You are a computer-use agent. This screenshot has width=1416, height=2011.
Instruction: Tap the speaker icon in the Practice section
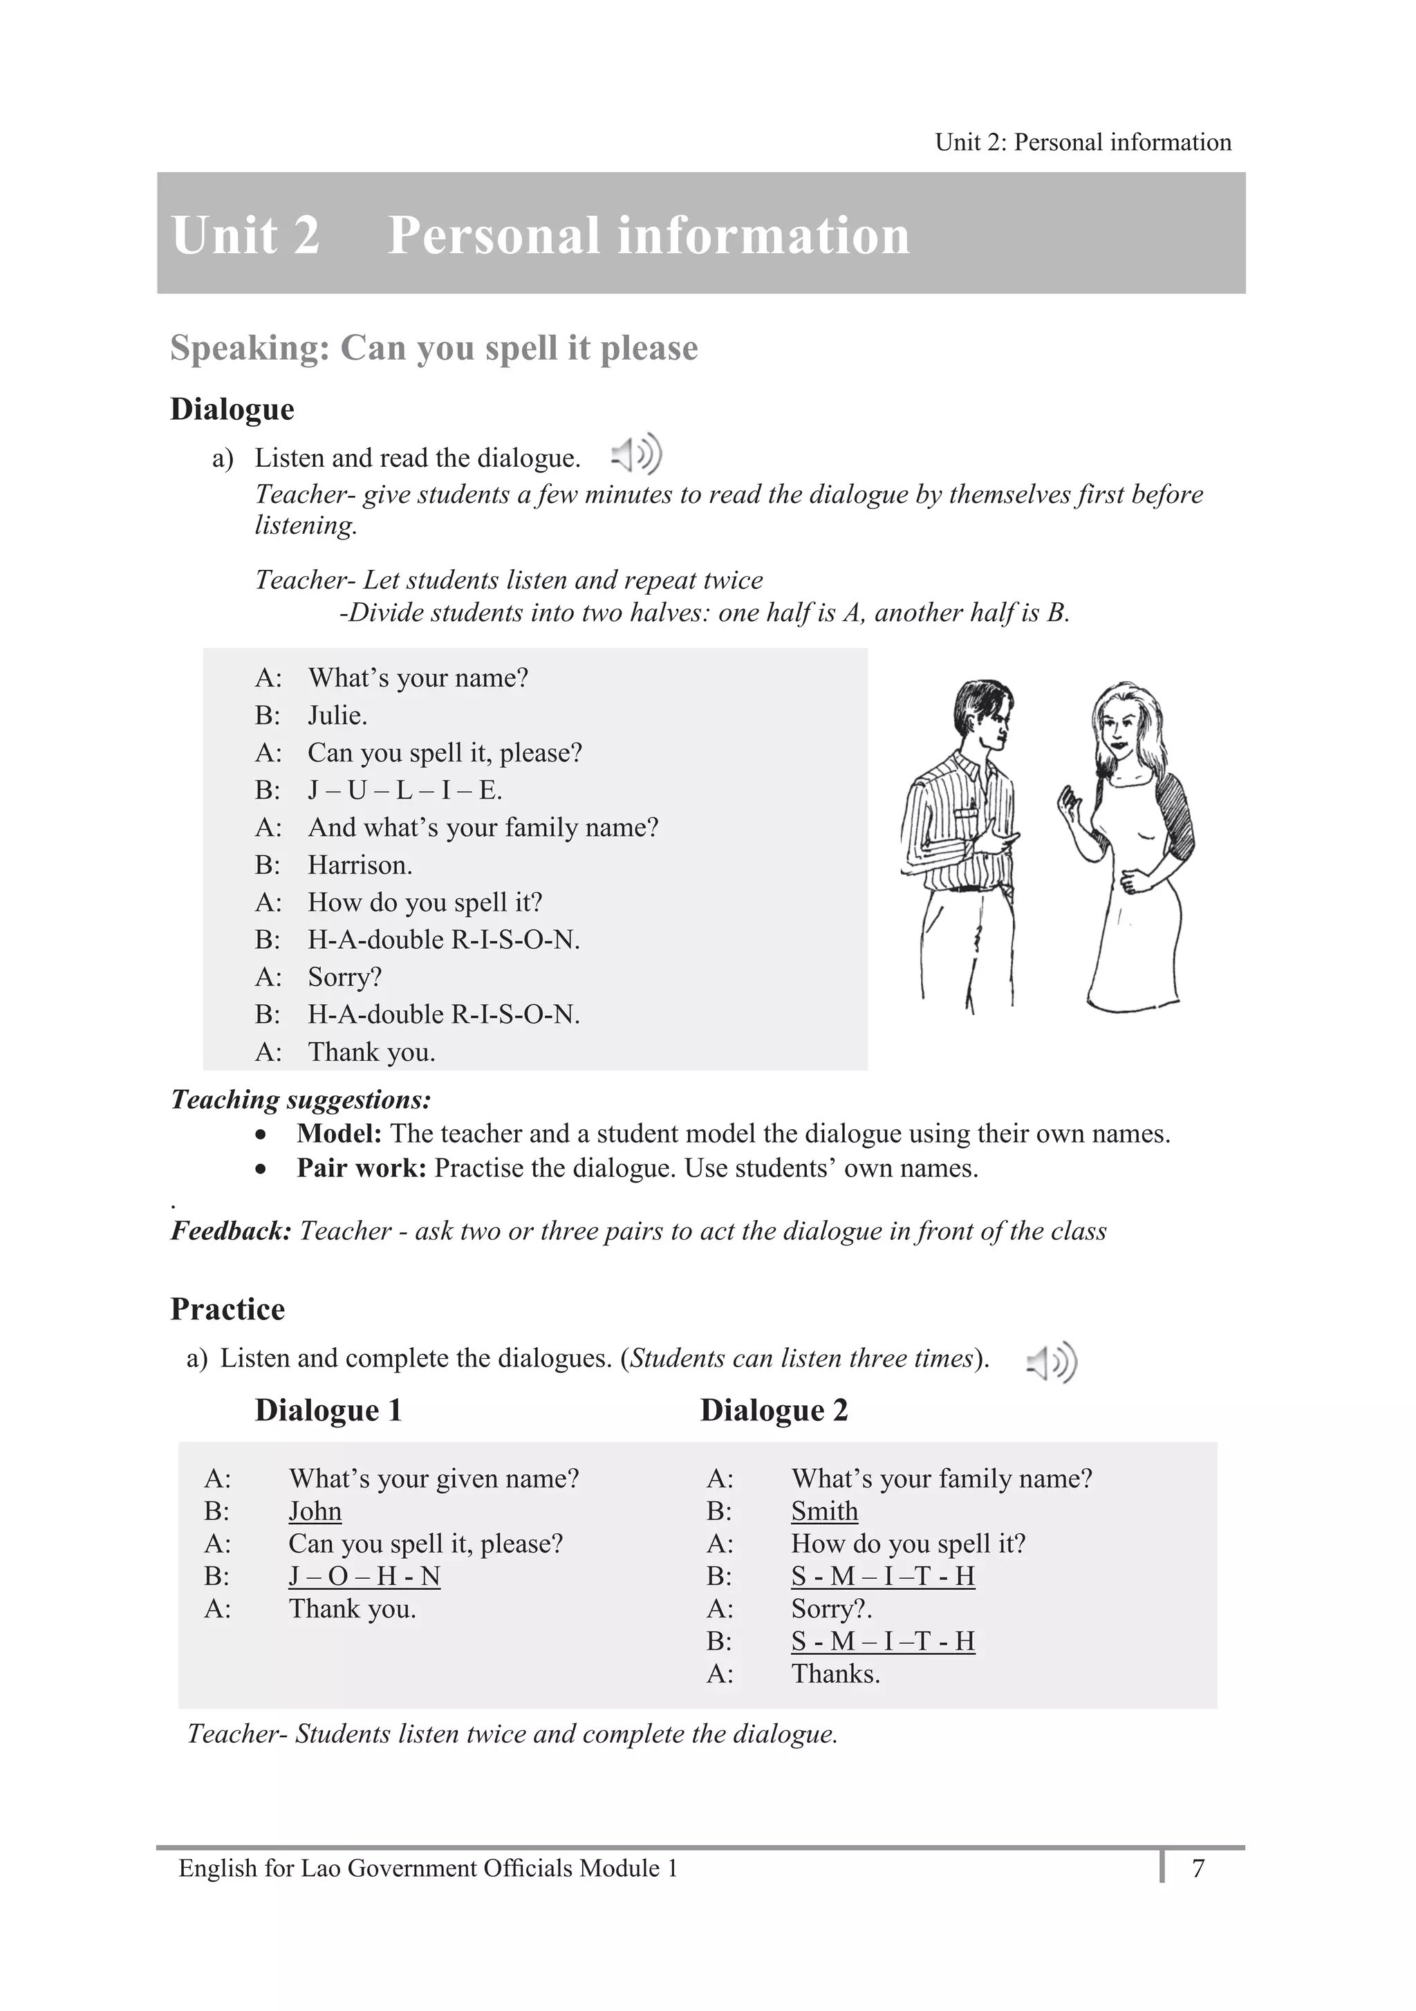pos(1052,1362)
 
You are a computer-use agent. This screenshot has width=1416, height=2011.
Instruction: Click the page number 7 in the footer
pos(1198,1869)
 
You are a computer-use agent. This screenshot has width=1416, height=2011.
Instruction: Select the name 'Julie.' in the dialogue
pos(337,716)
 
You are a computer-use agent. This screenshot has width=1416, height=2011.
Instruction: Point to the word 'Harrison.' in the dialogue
pos(359,865)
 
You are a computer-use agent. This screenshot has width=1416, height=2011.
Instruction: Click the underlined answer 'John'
pos(315,1511)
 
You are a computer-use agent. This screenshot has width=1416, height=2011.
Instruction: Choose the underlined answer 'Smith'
pos(824,1511)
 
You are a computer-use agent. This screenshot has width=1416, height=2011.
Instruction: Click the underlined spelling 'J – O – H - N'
pos(364,1576)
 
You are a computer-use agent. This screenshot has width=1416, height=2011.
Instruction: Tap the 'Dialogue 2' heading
pos(774,1410)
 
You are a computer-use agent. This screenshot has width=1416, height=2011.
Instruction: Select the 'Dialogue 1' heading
pos(328,1410)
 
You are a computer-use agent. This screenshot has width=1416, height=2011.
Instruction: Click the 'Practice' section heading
pos(227,1308)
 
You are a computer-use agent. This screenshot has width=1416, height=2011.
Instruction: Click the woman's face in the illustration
pos(1120,727)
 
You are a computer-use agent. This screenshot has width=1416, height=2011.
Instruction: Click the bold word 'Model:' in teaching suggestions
pos(339,1133)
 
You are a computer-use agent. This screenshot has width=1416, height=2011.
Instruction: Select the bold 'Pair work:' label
pos(361,1169)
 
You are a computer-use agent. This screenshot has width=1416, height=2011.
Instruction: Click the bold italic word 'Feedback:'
pos(230,1231)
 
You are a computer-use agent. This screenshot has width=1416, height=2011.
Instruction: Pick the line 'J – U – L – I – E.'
pos(404,791)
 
